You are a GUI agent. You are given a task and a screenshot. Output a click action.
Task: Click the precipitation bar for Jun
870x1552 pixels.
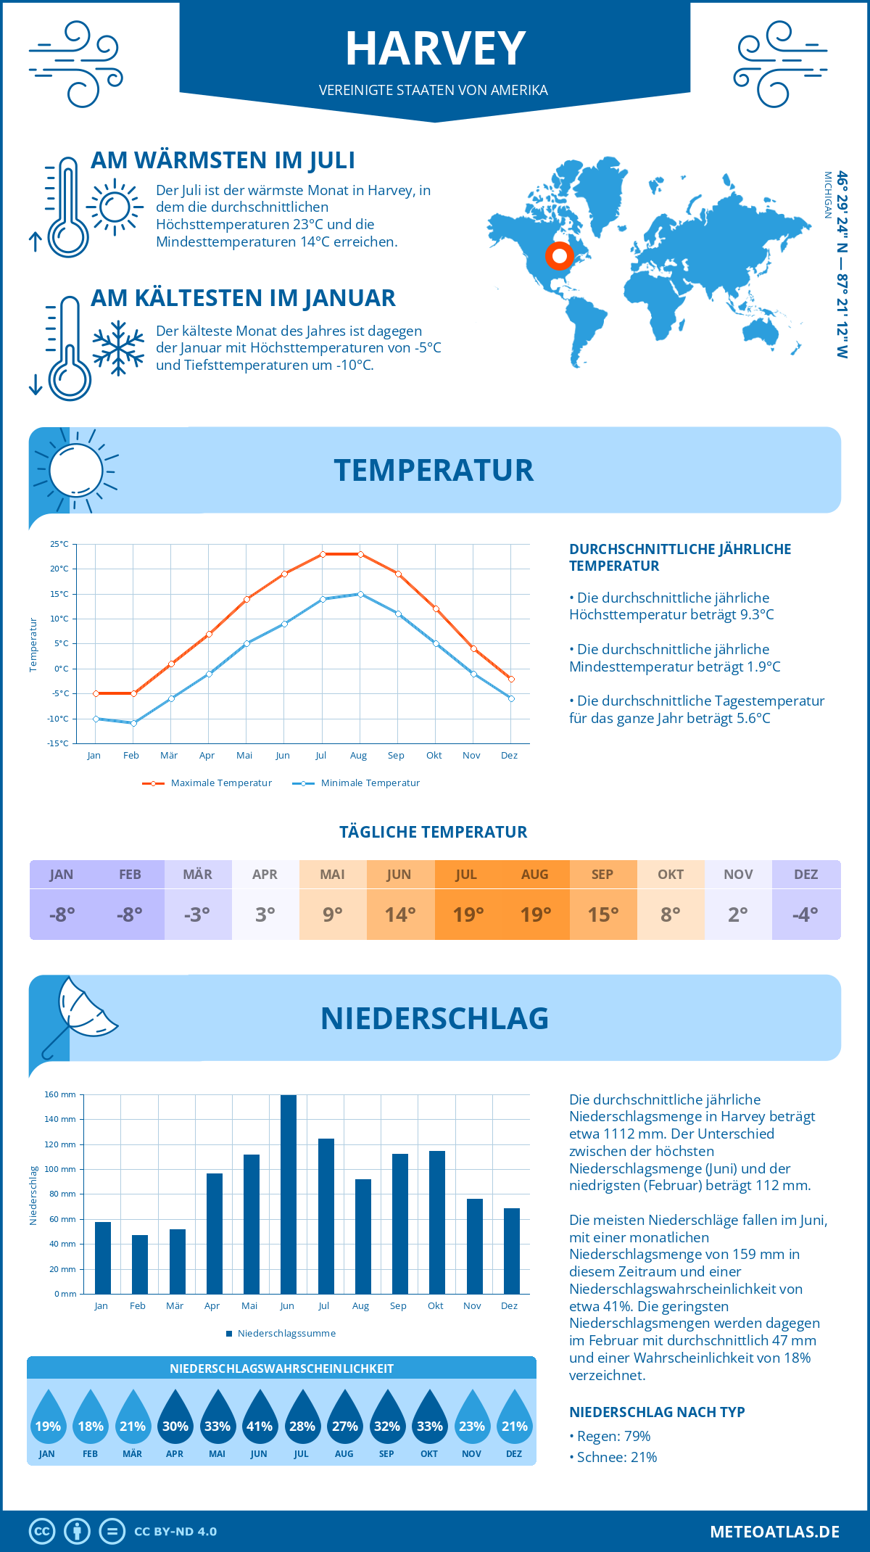(288, 1194)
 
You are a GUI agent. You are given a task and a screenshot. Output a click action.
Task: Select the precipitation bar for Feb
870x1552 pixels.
(139, 1264)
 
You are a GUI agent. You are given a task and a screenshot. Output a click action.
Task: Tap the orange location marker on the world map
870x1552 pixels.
(559, 256)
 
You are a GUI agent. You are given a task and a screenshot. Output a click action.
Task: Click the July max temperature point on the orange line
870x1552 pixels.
(323, 554)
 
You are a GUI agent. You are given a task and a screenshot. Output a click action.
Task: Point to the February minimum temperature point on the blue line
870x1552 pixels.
(133, 723)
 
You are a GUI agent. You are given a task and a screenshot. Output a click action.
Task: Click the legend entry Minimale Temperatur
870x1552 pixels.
(356, 783)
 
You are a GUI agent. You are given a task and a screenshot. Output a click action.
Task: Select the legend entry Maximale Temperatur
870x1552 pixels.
(207, 783)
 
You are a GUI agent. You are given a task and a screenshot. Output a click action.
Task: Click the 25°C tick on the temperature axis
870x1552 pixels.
(59, 544)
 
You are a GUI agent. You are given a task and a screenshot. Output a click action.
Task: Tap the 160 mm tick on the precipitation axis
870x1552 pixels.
(61, 1094)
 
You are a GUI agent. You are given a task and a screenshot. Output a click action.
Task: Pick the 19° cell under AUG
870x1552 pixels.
(535, 915)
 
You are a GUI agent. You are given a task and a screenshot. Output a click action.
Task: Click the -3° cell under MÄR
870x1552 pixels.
(197, 915)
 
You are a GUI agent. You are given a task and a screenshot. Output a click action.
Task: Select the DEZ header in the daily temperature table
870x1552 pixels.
(805, 875)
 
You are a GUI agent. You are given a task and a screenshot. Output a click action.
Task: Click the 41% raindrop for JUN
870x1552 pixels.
(260, 1419)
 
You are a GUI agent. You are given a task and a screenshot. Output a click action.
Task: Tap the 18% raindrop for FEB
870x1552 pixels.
(91, 1419)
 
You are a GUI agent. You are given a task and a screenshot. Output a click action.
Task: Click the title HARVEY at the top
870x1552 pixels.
(435, 49)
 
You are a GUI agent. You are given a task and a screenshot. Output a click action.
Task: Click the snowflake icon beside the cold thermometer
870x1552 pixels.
(118, 347)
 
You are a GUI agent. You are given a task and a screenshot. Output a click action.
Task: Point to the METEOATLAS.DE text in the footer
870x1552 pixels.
(774, 1532)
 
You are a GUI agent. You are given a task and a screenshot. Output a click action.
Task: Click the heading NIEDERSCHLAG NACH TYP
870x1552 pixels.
(657, 1412)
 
